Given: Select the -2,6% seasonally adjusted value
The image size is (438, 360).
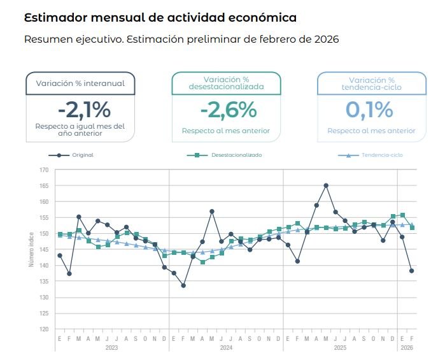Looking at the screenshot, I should pos(229,110).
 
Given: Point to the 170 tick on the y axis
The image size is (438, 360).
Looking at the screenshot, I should pos(43,170).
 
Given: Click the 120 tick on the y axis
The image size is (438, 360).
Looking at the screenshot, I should pos(43,329).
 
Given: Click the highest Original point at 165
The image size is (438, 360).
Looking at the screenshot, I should pos(326,185).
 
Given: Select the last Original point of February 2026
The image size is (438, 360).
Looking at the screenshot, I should pos(411,271).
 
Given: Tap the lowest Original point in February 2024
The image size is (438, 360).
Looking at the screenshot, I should pos(183,285).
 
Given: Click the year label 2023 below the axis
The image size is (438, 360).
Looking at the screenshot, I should pos(112,348).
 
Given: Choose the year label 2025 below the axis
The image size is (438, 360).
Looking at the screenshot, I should pos(340,348).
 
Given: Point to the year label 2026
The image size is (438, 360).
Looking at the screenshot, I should pos(406,348).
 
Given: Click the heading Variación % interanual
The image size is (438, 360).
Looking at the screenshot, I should pos(80,83).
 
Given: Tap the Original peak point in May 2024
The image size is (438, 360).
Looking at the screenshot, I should pos(211,211).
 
